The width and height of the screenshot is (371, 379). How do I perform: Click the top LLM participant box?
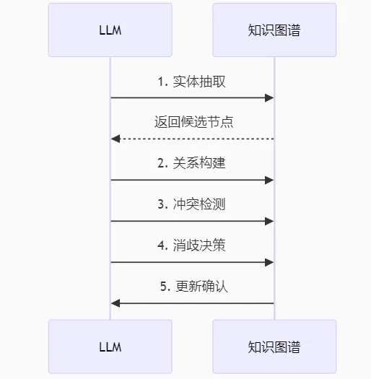(110, 30)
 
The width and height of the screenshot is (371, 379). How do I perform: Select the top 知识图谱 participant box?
(274, 30)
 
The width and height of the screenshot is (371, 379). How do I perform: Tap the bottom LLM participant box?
(110, 347)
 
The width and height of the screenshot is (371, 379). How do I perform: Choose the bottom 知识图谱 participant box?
(274, 347)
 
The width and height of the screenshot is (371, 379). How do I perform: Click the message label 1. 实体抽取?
(192, 82)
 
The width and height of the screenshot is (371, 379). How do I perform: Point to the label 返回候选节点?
(194, 121)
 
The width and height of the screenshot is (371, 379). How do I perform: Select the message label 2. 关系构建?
(192, 162)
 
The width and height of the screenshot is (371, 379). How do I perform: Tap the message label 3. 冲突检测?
(192, 204)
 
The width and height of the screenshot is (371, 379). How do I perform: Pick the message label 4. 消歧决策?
(192, 245)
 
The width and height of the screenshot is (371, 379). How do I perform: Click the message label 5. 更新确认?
(194, 286)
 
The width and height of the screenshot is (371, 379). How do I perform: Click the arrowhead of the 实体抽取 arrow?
(269, 98)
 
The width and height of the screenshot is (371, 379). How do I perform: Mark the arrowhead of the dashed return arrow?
(115, 139)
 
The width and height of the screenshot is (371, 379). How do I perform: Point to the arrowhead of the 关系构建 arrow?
(269, 180)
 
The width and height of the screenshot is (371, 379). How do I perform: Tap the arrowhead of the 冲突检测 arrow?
(269, 221)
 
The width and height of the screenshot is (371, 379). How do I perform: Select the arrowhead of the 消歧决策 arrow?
(269, 262)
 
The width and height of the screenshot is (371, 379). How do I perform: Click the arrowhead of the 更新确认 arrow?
(115, 303)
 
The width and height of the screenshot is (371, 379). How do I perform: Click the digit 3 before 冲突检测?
(161, 204)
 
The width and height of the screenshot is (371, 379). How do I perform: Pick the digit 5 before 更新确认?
(164, 286)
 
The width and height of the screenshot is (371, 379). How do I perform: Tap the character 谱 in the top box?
(294, 30)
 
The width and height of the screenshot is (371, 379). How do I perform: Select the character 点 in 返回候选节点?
(227, 121)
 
